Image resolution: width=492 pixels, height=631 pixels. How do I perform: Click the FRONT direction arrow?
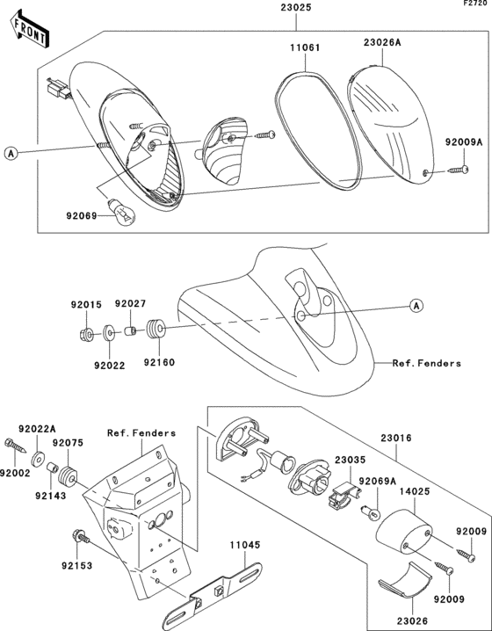[30, 30]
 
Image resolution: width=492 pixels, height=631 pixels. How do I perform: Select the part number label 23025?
[296, 8]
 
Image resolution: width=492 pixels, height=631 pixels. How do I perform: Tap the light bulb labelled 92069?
[122, 212]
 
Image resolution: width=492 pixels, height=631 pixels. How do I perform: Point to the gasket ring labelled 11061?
[318, 130]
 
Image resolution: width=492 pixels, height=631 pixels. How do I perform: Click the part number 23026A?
[382, 43]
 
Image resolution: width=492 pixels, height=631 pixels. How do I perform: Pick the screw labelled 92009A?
[458, 170]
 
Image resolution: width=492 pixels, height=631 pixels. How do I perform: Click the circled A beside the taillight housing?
[11, 153]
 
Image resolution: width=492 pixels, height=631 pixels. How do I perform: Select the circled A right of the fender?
[416, 306]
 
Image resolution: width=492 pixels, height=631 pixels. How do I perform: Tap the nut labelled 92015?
[86, 334]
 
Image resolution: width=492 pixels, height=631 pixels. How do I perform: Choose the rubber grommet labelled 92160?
[156, 330]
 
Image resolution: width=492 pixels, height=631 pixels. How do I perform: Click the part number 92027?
[130, 304]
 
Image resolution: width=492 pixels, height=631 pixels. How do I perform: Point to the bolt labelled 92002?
[15, 446]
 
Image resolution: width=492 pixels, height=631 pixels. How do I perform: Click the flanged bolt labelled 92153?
[81, 537]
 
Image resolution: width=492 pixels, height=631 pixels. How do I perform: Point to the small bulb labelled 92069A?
[371, 511]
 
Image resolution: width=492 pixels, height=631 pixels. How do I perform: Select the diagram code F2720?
[477, 4]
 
